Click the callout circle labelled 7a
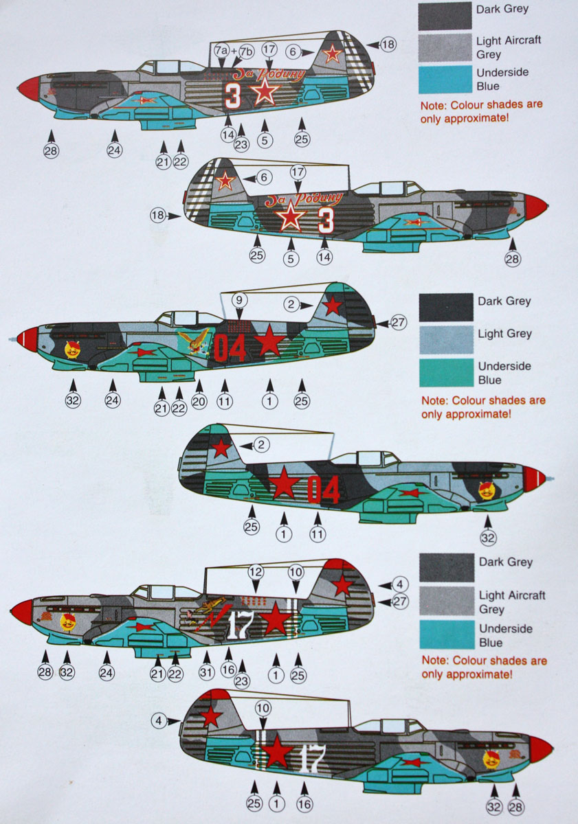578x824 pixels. coord(221,51)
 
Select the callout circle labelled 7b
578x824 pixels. coord(246,51)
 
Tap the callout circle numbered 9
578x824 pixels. coord(238,300)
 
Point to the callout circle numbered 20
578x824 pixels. coord(199,402)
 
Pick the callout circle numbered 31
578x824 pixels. coord(207,673)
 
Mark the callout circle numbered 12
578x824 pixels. coord(256,571)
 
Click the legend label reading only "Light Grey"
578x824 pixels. coord(505,334)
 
